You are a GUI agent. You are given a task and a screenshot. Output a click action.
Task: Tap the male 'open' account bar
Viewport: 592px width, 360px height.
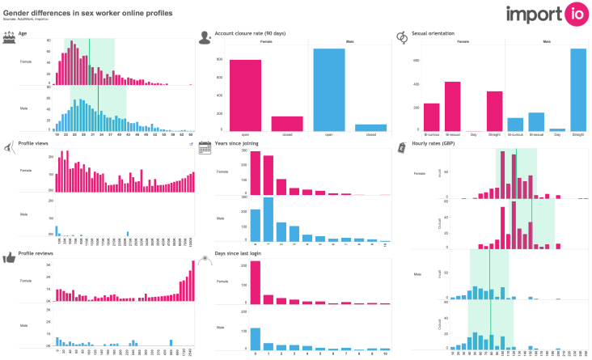click(328, 89)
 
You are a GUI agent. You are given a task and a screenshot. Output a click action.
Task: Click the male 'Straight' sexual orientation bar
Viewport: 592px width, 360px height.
click(577, 89)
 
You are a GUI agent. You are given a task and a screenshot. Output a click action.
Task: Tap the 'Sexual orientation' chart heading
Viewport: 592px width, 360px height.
click(435, 34)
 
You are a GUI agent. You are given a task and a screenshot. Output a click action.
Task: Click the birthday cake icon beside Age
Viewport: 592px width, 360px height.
click(9, 36)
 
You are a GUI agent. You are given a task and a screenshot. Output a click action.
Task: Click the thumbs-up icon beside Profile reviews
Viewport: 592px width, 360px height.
click(9, 257)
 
